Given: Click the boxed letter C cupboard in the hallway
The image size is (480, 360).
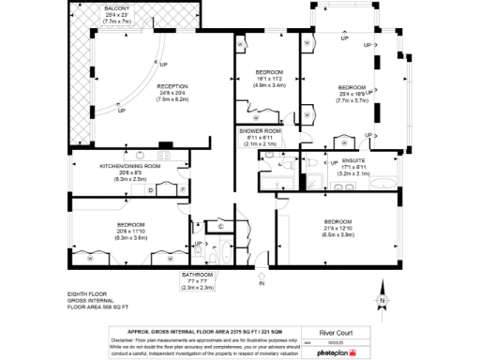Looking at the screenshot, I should tap(219, 227).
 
